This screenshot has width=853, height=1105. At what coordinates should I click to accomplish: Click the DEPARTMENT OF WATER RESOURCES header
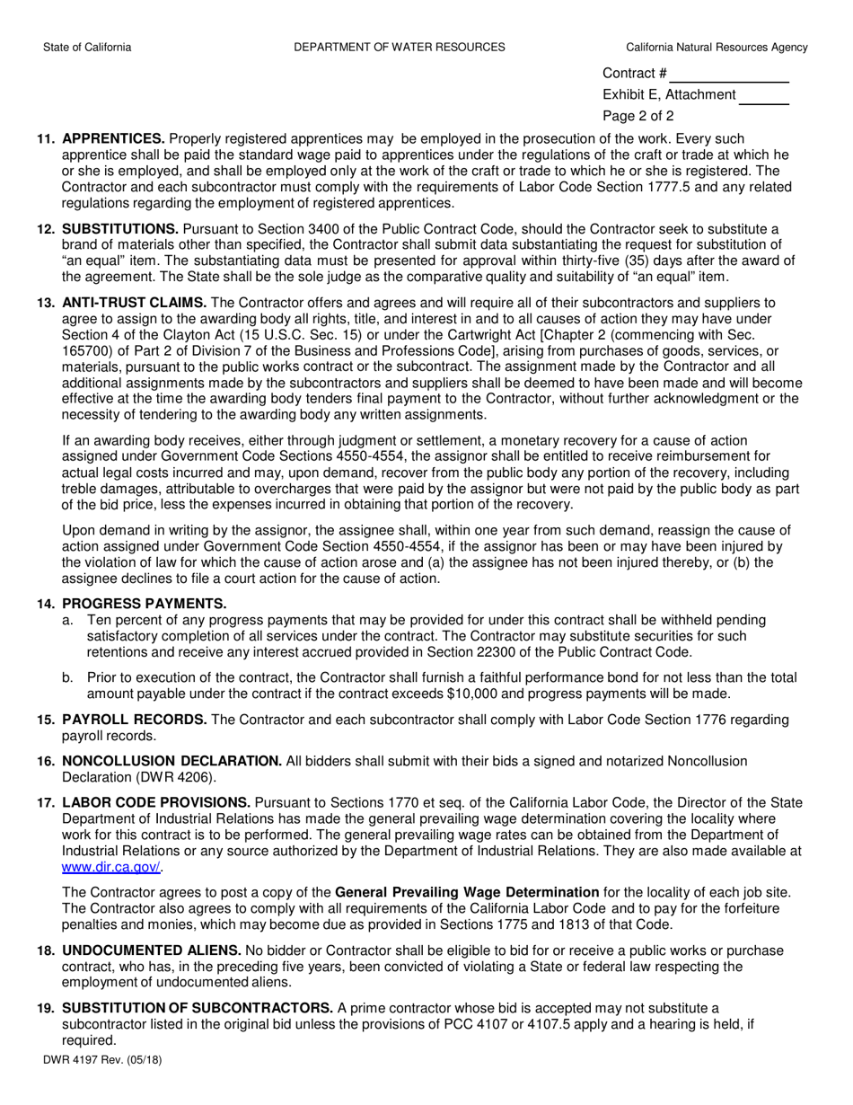click(399, 48)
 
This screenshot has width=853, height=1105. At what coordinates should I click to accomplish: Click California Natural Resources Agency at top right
click(717, 48)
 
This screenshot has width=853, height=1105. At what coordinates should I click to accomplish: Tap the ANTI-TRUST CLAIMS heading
click(135, 303)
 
